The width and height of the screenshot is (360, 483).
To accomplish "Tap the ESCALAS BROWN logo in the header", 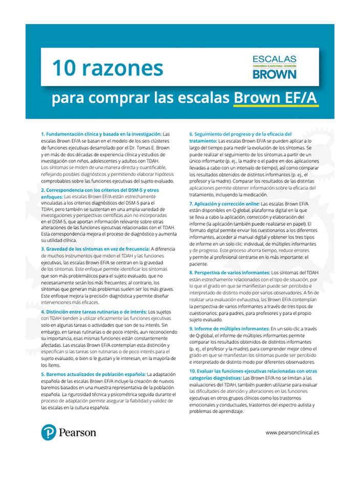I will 274,67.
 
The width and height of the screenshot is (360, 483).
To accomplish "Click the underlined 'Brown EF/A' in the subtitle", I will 276,98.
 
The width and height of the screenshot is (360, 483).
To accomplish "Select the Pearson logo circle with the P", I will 49,432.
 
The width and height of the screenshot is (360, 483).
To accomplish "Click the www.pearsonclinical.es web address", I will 292,432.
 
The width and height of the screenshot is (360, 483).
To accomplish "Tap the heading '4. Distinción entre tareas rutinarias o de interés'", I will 94,311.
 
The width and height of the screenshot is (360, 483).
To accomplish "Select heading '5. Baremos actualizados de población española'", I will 94,374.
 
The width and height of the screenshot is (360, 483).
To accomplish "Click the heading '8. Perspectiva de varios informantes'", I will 229,273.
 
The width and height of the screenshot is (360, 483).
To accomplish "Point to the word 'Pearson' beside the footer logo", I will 77,432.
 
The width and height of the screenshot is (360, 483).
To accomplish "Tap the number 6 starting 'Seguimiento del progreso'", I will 191,134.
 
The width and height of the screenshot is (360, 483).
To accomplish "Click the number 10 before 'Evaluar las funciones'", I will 193,370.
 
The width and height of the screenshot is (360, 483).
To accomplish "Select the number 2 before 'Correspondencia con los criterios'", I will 42,189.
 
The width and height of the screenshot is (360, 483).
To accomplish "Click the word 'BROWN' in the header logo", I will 274,74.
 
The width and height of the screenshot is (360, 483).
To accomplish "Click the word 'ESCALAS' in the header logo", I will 274,59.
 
